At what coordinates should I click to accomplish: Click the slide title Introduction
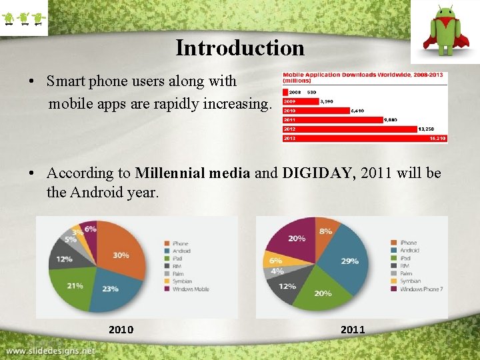pyautogui.click(x=240, y=48)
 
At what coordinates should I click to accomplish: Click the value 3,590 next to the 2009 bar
pyautogui.click(x=327, y=101)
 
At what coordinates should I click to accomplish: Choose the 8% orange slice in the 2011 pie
pyautogui.click(x=325, y=231)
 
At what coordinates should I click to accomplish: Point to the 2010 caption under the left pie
pyautogui.click(x=121, y=329)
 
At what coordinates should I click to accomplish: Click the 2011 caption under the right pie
pyautogui.click(x=353, y=329)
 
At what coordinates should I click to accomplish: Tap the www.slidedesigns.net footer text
pyautogui.click(x=52, y=351)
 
